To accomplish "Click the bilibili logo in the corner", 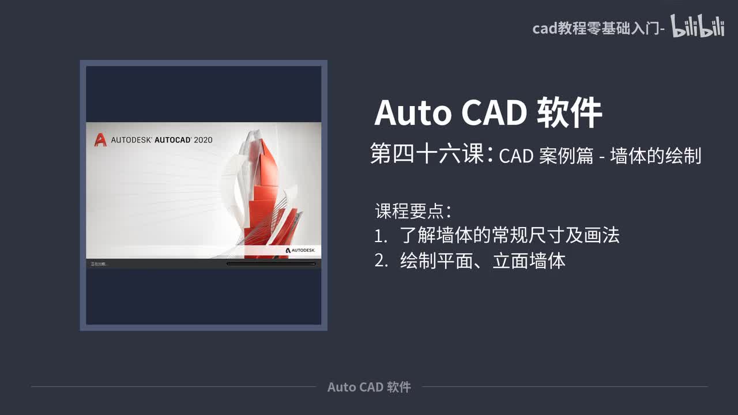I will tap(698, 27).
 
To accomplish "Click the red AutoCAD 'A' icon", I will tap(101, 139).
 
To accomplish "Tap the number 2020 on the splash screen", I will tap(203, 140).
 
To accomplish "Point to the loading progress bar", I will tap(271, 264).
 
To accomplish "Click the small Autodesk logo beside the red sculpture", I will tap(300, 250).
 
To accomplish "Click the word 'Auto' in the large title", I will tap(412, 112).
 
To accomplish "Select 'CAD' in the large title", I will tap(494, 112).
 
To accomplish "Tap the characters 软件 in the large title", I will tap(570, 112).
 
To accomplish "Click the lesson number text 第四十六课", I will tap(427, 155).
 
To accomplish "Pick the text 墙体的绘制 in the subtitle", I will tap(656, 156).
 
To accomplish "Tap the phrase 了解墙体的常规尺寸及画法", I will tap(510, 236).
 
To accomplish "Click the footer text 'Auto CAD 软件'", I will tap(369, 387).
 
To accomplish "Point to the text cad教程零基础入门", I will tap(596, 28).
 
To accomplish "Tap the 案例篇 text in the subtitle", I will tap(567, 156).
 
